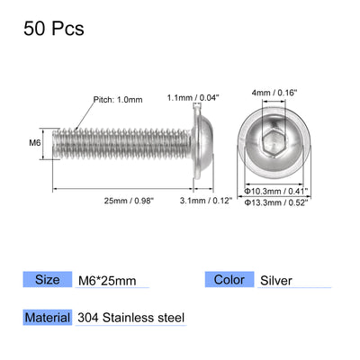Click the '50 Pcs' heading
[52, 29]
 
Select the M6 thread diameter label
[34, 141]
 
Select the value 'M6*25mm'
[106, 280]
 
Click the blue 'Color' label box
[228, 280]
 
